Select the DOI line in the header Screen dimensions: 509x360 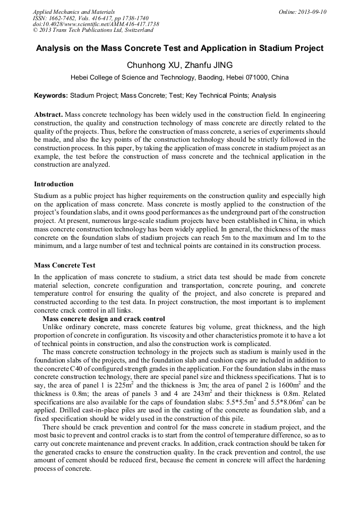pyautogui.click(x=96, y=24)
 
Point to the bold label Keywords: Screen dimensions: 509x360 pyautogui.click(x=51, y=96)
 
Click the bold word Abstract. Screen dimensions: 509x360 pyautogui.click(x=48, y=115)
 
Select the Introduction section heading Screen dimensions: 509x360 pyautogui.click(x=54, y=184)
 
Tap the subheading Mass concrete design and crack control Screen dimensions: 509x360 pyautogui.click(x=104, y=319)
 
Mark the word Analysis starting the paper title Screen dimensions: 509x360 pyautogui.click(x=55, y=48)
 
